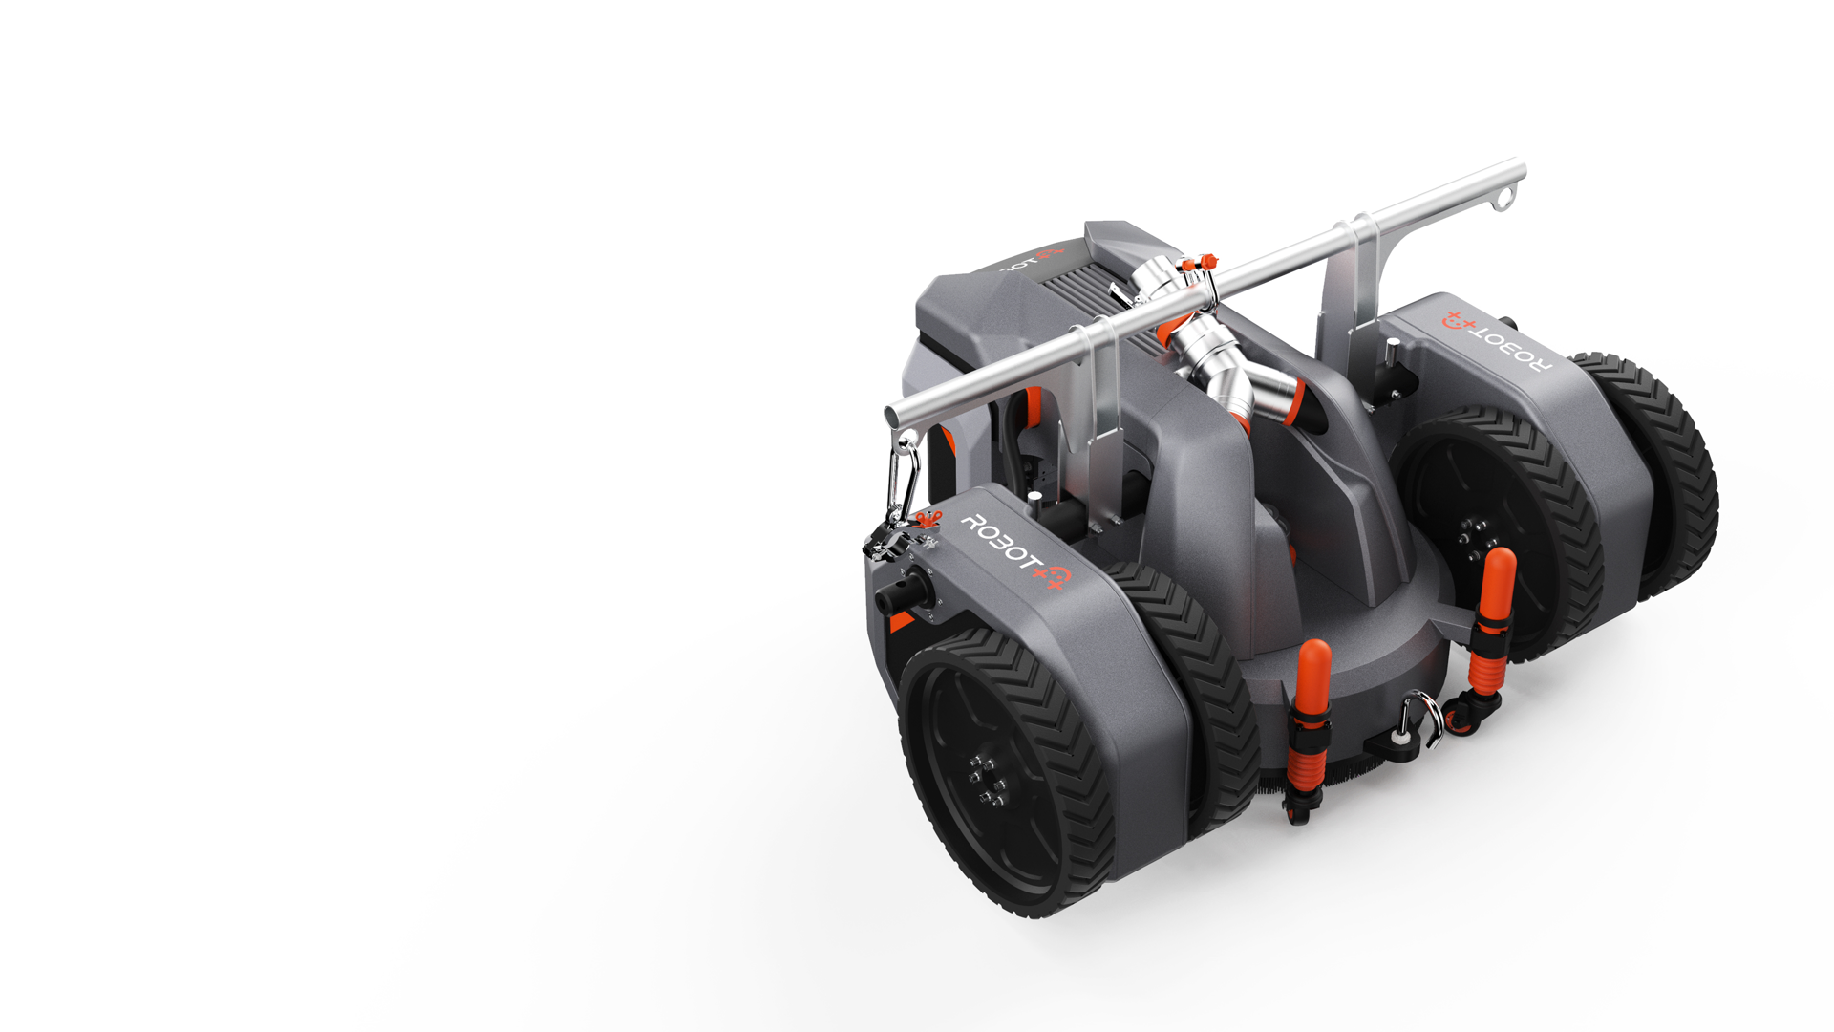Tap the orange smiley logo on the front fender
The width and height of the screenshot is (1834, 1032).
pyautogui.click(x=1056, y=576)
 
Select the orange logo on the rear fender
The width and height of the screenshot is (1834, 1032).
pyautogui.click(x=1458, y=320)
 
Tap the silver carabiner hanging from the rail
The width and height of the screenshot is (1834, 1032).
pyautogui.click(x=903, y=483)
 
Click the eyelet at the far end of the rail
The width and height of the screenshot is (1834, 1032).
pyautogui.click(x=1506, y=199)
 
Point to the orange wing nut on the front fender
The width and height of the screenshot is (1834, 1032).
pyautogui.click(x=925, y=519)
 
